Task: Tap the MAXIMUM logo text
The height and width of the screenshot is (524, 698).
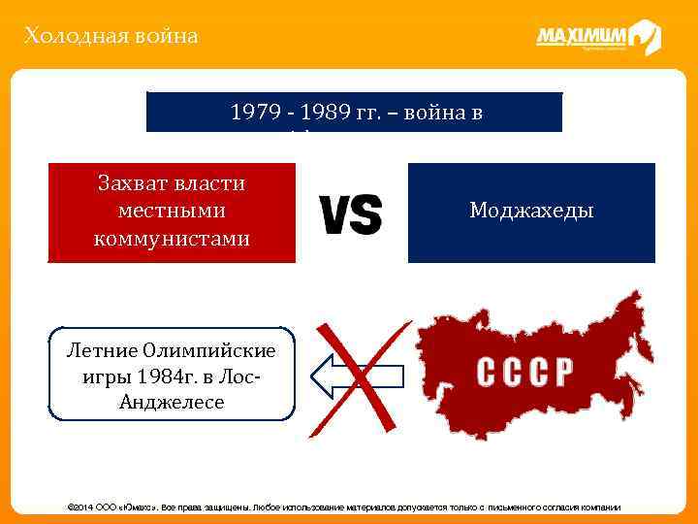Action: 582,36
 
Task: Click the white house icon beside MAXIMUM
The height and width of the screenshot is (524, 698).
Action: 645,37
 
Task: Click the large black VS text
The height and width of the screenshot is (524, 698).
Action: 350,214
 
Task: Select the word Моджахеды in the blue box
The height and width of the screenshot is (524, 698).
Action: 531,212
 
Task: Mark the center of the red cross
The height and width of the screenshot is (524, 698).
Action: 358,374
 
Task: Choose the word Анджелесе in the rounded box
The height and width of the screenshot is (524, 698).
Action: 171,401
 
